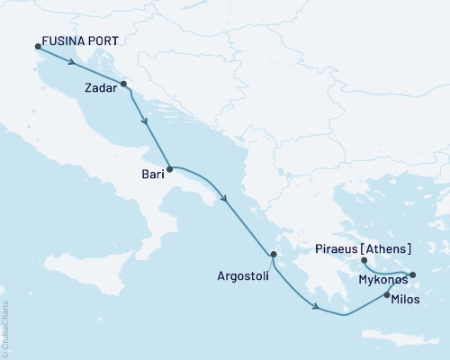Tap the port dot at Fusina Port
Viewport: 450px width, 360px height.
pos(37,48)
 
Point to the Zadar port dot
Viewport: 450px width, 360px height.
pos(123,85)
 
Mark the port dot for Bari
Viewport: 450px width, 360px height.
pos(170,168)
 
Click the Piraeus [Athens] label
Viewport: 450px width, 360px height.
pos(364,248)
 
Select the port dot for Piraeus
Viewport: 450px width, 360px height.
pos(364,261)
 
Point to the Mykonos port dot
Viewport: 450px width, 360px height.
pos(413,274)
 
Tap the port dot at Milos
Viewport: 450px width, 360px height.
pos(387,295)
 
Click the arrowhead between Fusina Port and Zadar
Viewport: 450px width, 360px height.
pos(70,63)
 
